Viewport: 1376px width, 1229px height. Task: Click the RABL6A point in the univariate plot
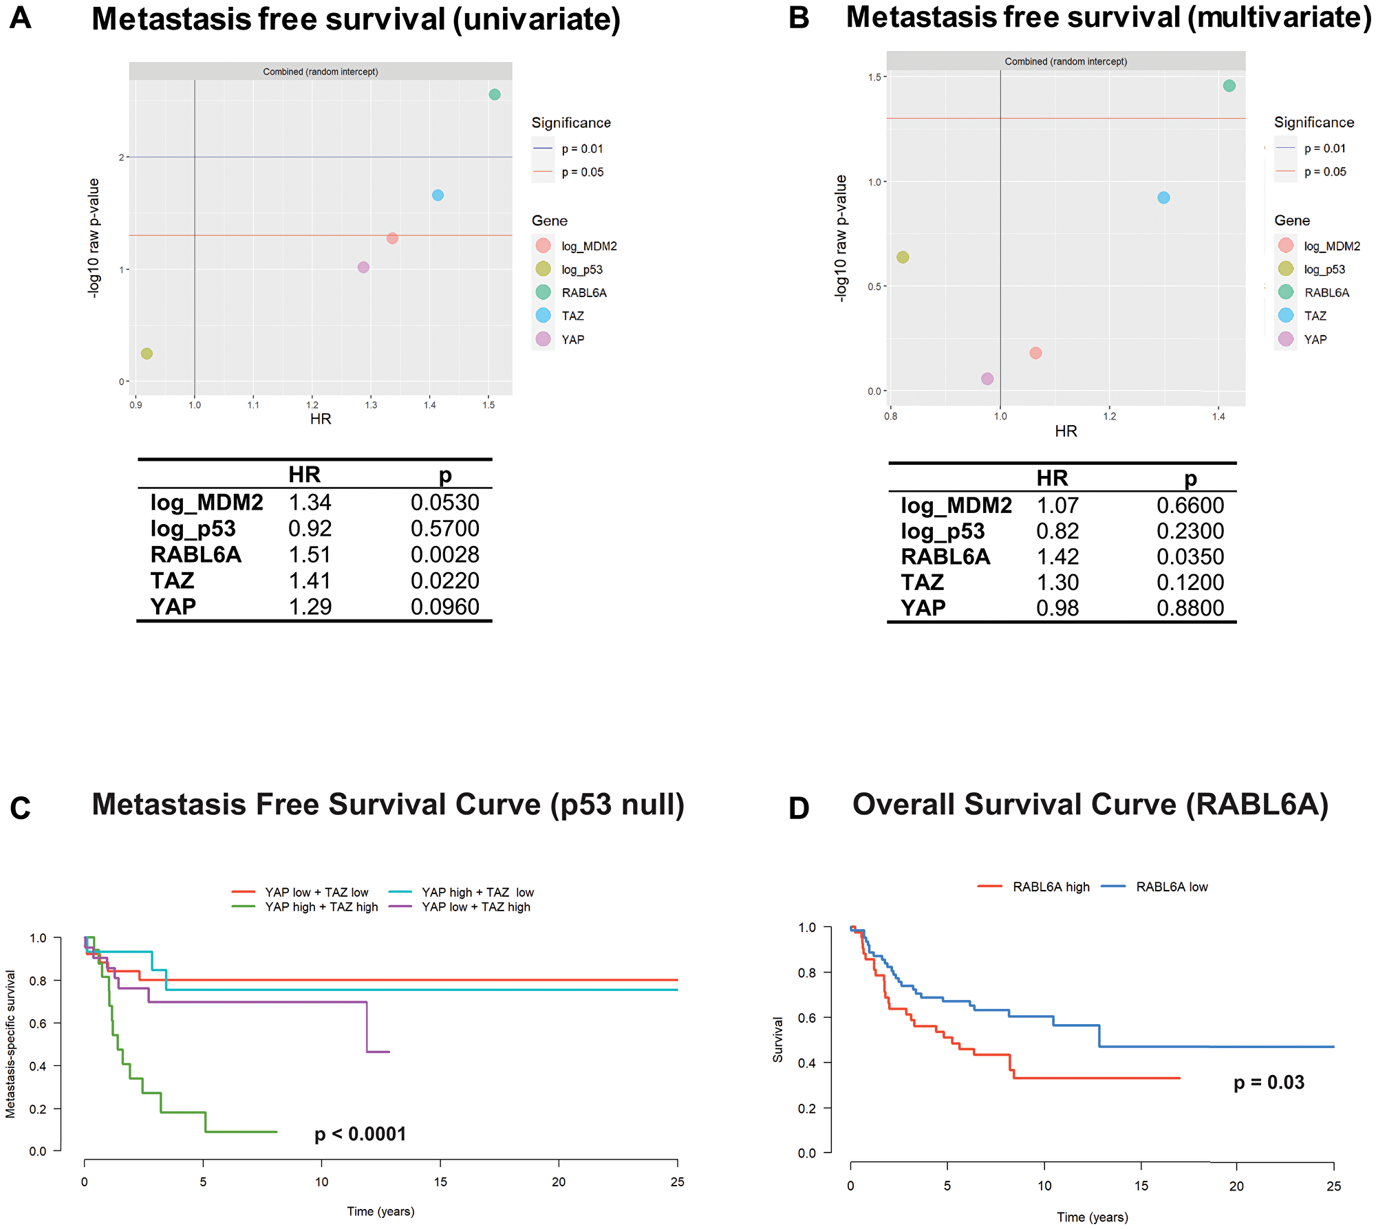494,94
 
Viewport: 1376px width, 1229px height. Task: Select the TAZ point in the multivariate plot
1163,197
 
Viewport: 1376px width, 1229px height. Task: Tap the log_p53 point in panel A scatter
147,354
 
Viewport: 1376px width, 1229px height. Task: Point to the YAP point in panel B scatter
987,378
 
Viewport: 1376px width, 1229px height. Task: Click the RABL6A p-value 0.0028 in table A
444,555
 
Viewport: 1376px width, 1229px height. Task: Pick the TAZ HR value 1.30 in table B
1057,583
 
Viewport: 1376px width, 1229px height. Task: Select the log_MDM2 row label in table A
206,503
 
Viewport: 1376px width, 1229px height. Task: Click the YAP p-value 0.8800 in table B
1190,608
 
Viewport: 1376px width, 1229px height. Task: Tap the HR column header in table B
1052,477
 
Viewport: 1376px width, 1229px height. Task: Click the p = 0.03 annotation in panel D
1269,1083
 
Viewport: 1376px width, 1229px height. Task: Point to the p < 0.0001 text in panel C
361,1134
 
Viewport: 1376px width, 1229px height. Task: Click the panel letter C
21,808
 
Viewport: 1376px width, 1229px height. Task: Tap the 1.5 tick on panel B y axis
874,77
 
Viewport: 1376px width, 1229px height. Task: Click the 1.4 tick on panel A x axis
429,405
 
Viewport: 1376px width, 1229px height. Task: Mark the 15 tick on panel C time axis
440,1182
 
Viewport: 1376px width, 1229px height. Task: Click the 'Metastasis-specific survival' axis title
10,1044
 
